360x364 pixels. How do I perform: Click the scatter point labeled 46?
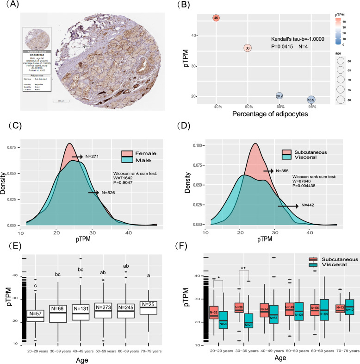click(x=216, y=18)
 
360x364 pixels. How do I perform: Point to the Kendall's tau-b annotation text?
click(x=298, y=39)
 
